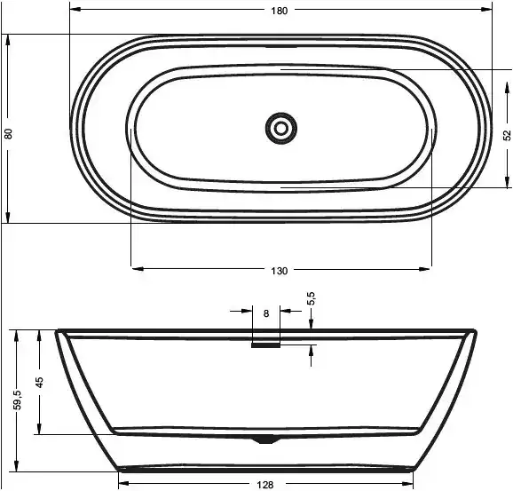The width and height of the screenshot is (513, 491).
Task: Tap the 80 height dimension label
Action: click(9, 134)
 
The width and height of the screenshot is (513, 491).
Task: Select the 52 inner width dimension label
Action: click(507, 135)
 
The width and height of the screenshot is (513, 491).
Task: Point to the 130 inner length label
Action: click(280, 270)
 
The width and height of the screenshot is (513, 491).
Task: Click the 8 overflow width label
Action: click(266, 313)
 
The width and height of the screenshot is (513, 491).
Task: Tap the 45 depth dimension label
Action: click(40, 382)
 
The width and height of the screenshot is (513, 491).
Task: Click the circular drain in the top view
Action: click(281, 129)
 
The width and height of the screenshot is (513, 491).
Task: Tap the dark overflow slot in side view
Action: click(265, 347)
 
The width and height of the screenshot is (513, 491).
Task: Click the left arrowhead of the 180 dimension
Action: click(75, 11)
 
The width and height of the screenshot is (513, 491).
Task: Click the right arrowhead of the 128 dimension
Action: click(412, 484)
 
